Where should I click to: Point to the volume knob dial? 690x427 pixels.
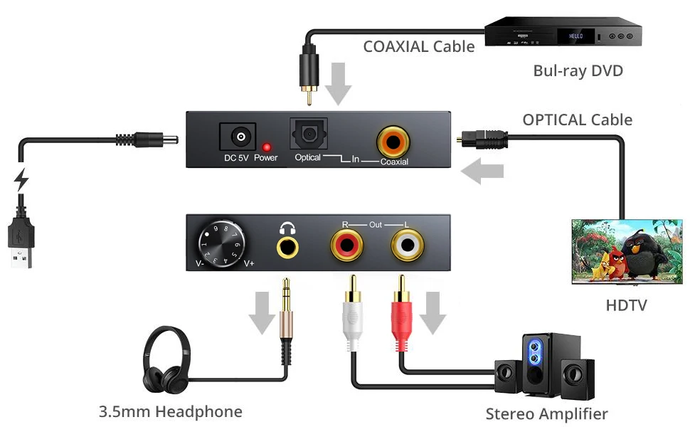click(222, 242)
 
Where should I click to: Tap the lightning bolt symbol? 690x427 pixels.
click(22, 180)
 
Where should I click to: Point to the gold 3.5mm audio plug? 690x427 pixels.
click(286, 299)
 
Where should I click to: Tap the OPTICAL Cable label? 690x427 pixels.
click(577, 120)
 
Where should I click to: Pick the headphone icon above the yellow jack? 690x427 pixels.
click(287, 228)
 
